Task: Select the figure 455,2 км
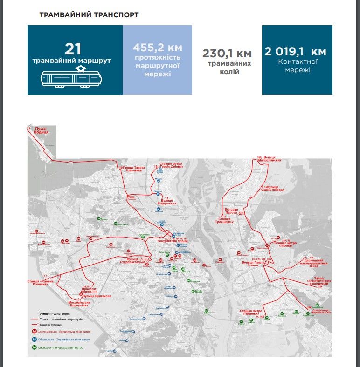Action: pyautogui.click(x=157, y=48)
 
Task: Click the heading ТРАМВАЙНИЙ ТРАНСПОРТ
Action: pyautogui.click(x=89, y=14)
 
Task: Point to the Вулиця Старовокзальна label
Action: pyautogui.click(x=134, y=261)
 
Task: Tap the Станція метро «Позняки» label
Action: pyautogui.click(x=252, y=312)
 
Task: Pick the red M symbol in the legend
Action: pyautogui.click(x=35, y=332)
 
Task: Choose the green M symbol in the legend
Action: pyautogui.click(x=35, y=347)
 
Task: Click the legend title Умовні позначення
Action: pyautogui.click(x=51, y=314)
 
